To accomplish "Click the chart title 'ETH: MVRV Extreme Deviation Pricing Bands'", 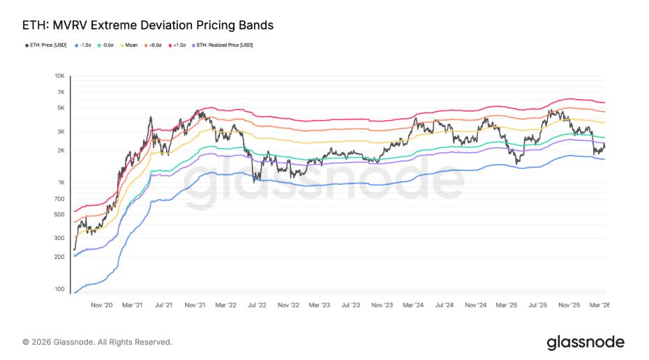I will tap(148, 25).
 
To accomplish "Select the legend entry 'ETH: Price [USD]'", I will tap(47, 45).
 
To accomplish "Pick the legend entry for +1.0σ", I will tap(178, 45).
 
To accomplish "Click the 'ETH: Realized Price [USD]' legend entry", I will tap(223, 45).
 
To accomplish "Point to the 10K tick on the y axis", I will tap(59, 76).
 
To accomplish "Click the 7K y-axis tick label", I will tap(61, 92).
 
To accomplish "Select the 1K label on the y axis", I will tap(61, 183).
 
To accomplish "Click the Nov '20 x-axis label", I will tap(102, 305).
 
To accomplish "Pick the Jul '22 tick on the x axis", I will tap(257, 305).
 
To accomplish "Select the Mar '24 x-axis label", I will tap(413, 305).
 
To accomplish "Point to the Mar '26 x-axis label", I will tap(599, 305).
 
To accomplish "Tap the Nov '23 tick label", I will tap(382, 305).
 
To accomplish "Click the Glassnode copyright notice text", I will tap(97, 342).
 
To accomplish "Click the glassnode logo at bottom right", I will tap(585, 342).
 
